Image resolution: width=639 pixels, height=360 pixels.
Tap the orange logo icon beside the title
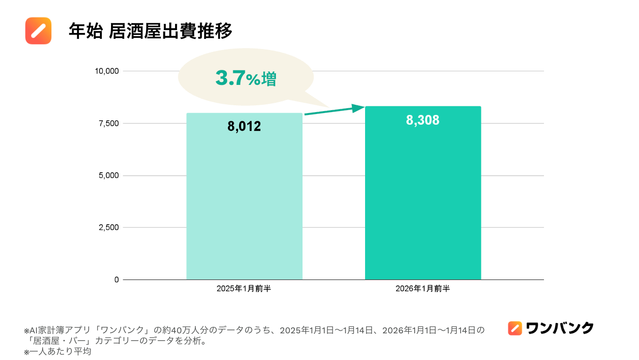click(38, 31)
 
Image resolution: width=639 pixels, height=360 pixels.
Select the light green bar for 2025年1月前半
click(244, 204)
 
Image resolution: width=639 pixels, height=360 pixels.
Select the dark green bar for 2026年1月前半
click(423, 204)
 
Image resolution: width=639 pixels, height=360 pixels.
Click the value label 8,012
click(244, 127)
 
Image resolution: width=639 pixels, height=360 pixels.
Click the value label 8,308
click(423, 120)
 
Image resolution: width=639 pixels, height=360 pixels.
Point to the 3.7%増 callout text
click(246, 78)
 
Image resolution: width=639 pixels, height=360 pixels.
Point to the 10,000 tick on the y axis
click(107, 71)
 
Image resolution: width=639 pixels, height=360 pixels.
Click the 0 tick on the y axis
click(116, 280)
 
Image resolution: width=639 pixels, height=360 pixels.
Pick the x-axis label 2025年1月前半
click(244, 289)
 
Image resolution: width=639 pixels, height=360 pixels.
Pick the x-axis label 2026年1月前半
click(423, 289)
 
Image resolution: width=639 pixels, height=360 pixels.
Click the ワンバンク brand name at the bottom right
click(559, 328)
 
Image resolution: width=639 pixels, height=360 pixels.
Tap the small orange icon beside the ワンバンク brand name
click(515, 328)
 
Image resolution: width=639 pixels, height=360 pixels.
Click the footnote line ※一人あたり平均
click(58, 352)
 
